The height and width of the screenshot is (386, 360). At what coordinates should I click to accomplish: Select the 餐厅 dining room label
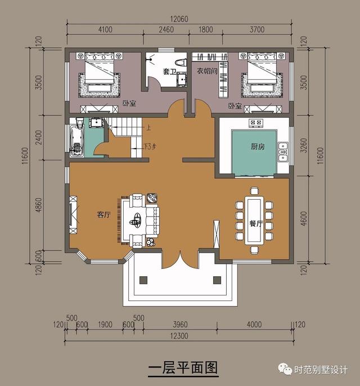pos(256,223)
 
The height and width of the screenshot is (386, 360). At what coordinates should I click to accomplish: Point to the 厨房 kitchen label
pos(257,146)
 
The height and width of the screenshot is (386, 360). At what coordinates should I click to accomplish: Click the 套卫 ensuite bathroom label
pos(169,71)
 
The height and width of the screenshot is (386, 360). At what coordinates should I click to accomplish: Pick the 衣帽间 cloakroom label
pos(206,71)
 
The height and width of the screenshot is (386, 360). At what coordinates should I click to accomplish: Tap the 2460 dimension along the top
pos(165,30)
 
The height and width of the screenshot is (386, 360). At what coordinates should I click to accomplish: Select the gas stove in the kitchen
pos(256,123)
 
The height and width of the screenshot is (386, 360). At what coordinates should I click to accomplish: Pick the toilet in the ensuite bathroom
pos(180,61)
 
